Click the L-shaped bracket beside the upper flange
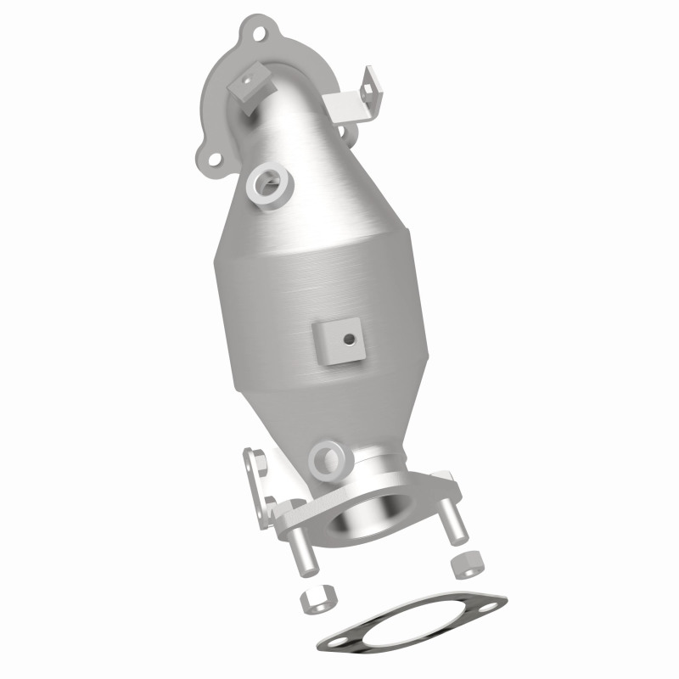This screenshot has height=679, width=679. click(353, 100)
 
